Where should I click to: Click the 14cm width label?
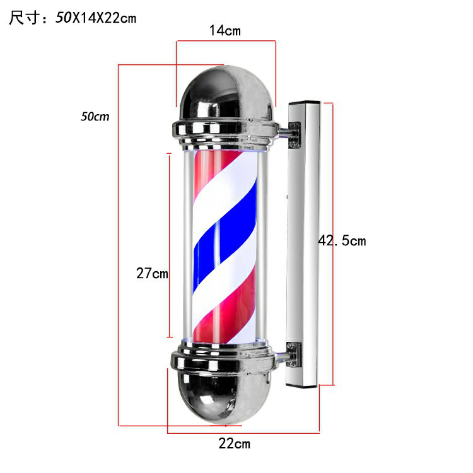225,31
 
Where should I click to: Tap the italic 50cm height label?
95,117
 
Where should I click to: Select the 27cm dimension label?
152,273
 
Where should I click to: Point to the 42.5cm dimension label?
342,241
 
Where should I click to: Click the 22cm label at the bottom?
235,444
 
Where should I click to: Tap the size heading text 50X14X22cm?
96,18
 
